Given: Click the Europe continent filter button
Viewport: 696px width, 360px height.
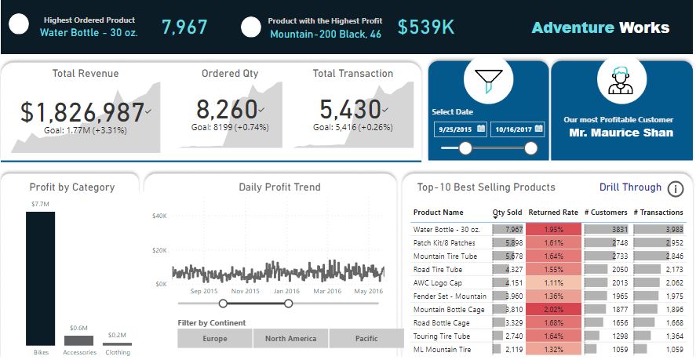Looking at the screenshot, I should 214,338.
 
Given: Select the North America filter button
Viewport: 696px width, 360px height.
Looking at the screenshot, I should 290,338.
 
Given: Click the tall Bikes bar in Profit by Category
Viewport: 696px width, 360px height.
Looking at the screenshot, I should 41,278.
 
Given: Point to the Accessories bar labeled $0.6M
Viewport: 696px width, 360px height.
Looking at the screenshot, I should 78,340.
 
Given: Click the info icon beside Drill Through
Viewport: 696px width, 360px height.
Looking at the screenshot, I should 676,188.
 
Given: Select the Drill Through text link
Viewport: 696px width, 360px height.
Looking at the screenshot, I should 631,187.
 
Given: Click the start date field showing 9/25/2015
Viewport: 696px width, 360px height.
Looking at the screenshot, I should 461,129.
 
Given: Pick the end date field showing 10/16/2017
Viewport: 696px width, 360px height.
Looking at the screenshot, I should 517,129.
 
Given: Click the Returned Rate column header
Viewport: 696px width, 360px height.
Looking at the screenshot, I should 553,213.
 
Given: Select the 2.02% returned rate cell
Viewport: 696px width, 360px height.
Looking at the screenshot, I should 553,310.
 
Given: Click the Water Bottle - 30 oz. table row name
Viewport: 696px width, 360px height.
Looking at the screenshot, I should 446,230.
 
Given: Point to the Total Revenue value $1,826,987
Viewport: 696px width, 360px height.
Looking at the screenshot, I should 82,113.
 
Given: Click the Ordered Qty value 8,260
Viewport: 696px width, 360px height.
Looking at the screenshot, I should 227,108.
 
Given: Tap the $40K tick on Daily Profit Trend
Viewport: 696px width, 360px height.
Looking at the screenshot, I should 160,216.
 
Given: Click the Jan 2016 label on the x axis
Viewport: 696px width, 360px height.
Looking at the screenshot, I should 286,291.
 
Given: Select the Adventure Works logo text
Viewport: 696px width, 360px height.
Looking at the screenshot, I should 600,27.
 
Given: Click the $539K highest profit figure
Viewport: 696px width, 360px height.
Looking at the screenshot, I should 426,27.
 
